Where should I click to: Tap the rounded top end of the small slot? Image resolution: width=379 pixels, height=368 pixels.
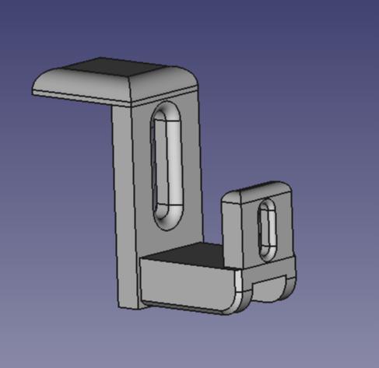[268, 205]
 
